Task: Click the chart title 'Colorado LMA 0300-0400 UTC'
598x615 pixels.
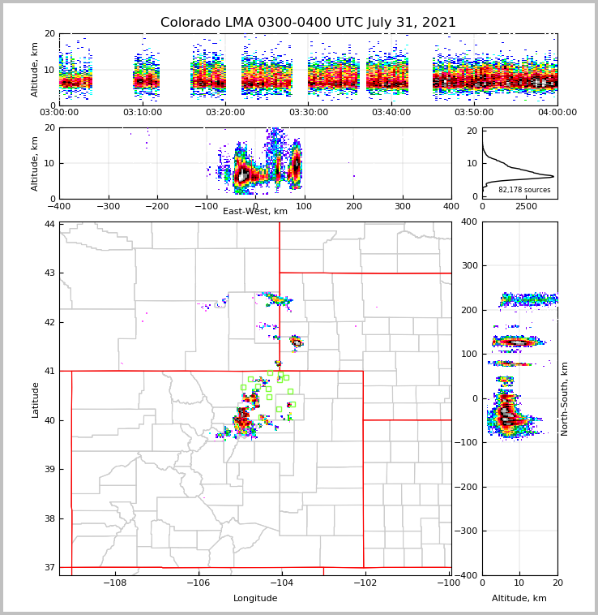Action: [308, 23]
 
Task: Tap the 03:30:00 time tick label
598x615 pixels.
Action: [308, 113]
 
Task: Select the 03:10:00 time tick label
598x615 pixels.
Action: [142, 113]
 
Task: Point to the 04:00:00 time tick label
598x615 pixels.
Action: [557, 113]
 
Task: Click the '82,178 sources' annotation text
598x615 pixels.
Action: [524, 190]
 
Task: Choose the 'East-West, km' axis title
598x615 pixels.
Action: [255, 212]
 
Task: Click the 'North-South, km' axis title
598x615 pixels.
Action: [565, 398]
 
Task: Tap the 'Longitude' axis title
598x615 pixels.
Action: [255, 598]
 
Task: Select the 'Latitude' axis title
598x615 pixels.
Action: [35, 399]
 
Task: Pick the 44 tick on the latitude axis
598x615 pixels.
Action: [50, 224]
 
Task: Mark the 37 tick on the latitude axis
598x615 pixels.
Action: [50, 567]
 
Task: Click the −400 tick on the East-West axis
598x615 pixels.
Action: [59, 206]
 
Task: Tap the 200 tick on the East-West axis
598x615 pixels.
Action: [353, 206]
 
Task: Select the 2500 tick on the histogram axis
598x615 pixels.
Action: [527, 206]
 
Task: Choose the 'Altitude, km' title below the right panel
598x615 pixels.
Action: [519, 598]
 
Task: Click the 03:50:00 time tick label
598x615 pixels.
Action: [474, 113]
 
